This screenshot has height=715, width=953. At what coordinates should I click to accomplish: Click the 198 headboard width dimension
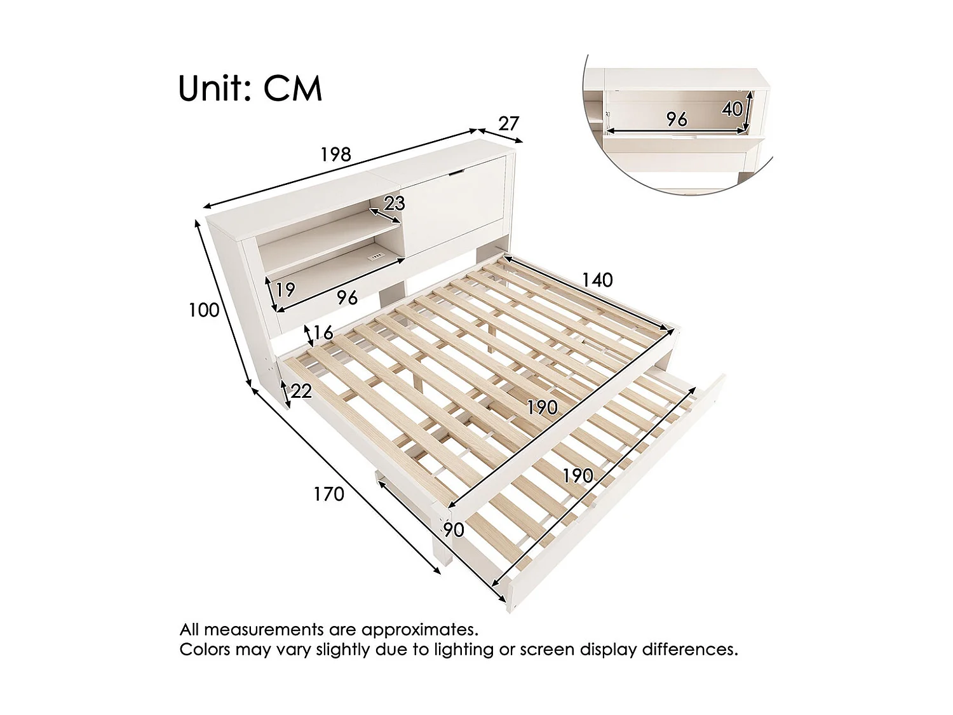(x=335, y=154)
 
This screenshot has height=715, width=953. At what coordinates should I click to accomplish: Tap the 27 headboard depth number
(x=509, y=123)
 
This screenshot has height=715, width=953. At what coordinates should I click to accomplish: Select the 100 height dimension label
(x=204, y=310)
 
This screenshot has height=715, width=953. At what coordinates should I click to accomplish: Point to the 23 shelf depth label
(x=395, y=203)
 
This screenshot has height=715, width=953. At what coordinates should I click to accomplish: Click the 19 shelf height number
(x=285, y=290)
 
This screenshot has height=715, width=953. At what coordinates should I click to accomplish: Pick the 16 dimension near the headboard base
(x=323, y=332)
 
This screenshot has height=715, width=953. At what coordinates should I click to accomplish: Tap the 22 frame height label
(x=301, y=391)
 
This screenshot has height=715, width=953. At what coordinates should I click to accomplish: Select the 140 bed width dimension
(x=597, y=280)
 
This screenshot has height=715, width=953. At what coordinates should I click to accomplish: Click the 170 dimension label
(x=328, y=494)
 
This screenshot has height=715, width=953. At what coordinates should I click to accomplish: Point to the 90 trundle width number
(x=454, y=529)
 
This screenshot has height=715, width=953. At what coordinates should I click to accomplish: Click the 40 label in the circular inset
(x=732, y=109)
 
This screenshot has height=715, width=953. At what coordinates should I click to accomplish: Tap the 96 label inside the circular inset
(x=677, y=119)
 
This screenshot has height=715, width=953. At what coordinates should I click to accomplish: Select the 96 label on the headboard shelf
(x=347, y=297)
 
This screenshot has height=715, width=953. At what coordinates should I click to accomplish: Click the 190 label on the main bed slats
(x=542, y=407)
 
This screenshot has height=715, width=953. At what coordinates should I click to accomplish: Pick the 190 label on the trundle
(x=578, y=475)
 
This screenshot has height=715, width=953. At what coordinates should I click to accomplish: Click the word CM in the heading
(x=293, y=88)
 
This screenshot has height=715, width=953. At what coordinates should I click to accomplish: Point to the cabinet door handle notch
(x=457, y=172)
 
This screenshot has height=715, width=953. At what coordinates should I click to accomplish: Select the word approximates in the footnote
(x=419, y=630)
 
